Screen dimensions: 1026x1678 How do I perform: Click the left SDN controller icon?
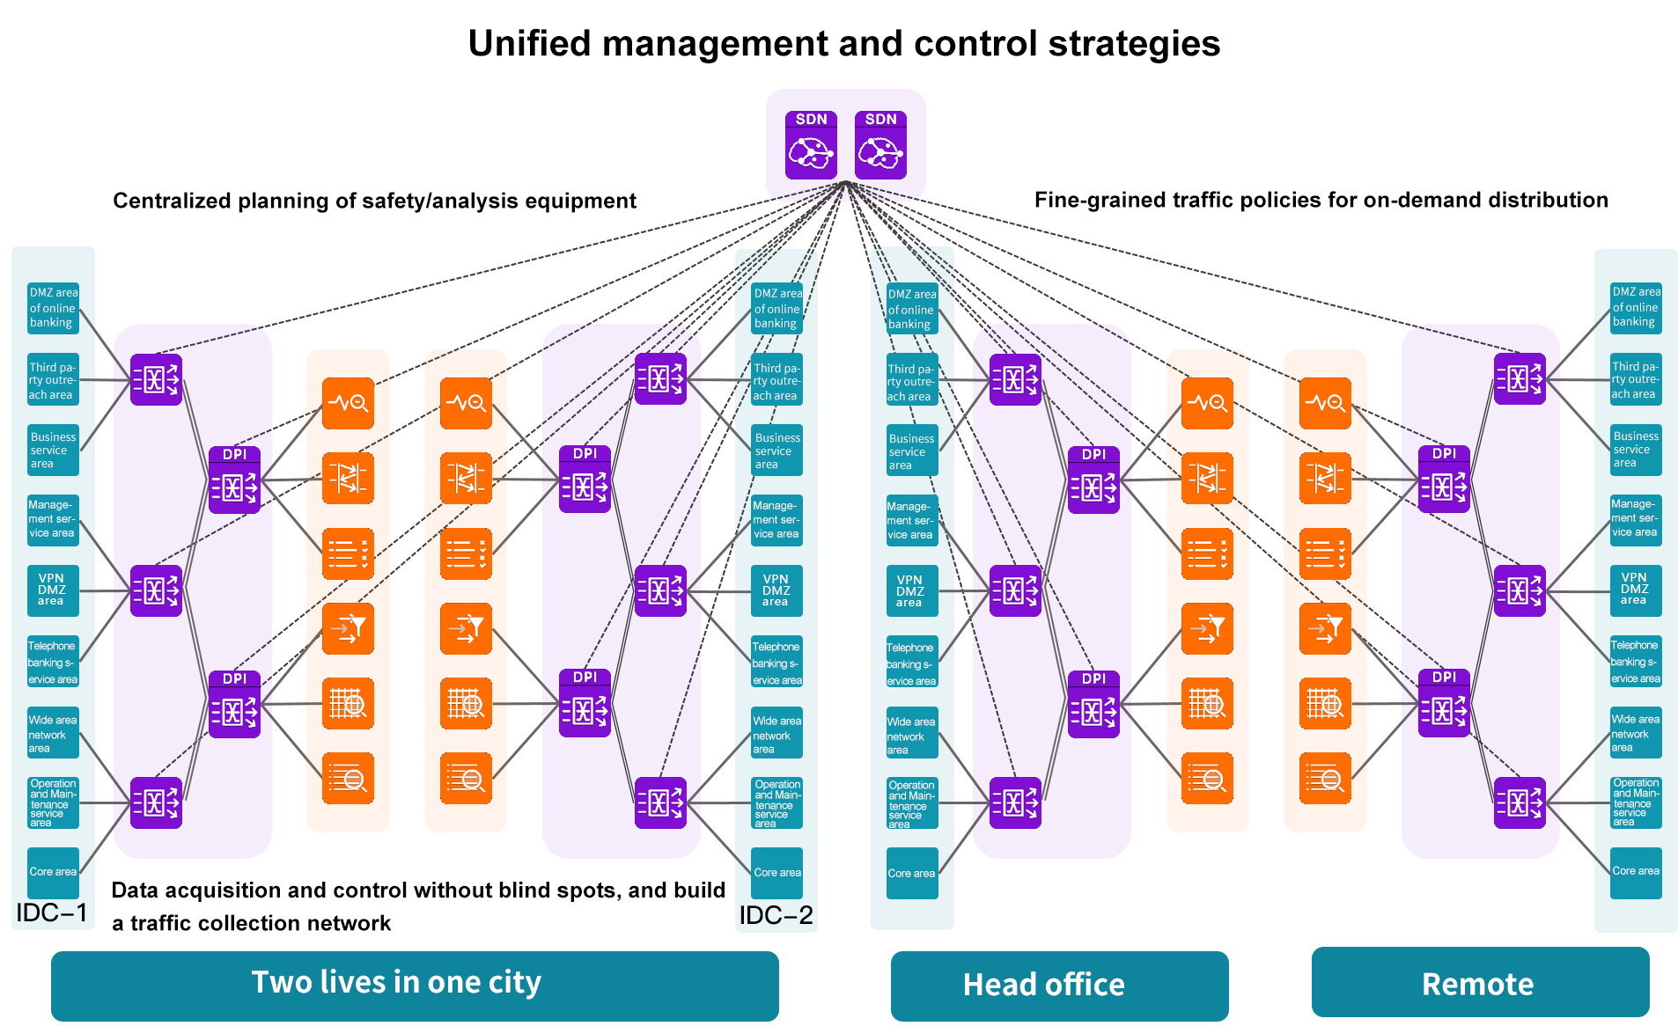[811, 145]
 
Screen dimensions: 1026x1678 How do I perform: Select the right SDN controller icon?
[880, 145]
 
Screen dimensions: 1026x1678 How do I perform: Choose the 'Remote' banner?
[1479, 983]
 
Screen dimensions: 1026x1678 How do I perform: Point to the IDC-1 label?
[52, 912]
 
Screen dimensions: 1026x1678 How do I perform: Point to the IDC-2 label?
[776, 915]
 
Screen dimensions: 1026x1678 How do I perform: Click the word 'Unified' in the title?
[529, 44]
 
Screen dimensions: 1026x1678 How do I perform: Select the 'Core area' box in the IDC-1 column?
[53, 872]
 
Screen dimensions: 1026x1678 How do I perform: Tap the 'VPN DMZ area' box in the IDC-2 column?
[776, 590]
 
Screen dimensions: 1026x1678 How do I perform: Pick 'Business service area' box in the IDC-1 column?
[53, 450]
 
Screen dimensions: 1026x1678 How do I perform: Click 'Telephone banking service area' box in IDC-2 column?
[776, 662]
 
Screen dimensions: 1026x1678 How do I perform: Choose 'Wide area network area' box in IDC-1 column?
[53, 733]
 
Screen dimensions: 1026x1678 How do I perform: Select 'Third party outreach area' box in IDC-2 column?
[776, 381]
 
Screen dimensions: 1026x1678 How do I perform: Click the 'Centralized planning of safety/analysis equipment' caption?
[374, 201]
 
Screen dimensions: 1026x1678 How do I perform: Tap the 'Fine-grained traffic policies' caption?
[1321, 200]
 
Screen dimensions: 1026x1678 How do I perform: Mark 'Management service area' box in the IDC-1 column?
[53, 519]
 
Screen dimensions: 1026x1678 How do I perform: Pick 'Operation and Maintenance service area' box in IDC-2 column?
[776, 802]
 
